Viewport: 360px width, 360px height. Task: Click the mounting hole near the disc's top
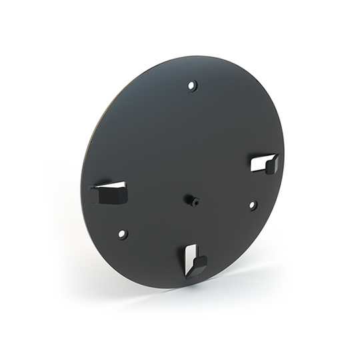coord(192,85)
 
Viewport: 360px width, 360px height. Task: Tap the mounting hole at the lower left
coord(122,234)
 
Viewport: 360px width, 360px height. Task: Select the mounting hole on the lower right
coord(253,205)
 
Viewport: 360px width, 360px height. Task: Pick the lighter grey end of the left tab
coord(94,195)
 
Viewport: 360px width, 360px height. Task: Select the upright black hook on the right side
coord(271,163)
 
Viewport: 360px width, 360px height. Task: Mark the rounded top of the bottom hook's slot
coord(191,245)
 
